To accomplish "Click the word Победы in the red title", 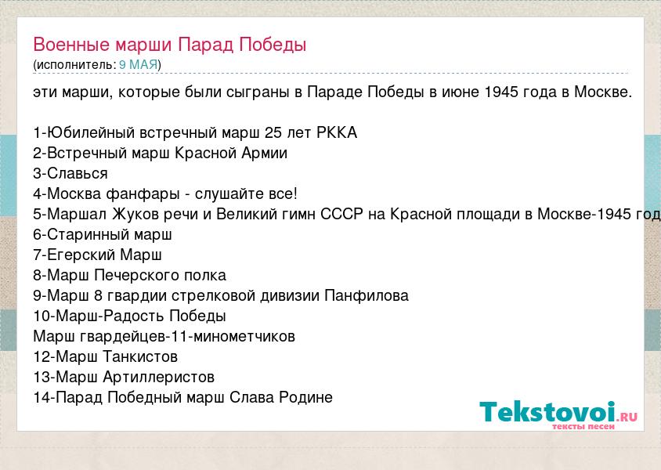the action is click(x=273, y=45).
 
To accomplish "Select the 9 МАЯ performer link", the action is click(x=139, y=64).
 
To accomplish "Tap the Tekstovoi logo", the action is click(x=558, y=414).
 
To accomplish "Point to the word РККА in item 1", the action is click(x=337, y=133).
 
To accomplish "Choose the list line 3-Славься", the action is click(x=70, y=173).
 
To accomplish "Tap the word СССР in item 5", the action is click(x=342, y=214).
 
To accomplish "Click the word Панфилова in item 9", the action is click(x=367, y=295).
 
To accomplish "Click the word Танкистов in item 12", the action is click(x=140, y=356).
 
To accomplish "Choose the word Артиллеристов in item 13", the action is click(x=158, y=377).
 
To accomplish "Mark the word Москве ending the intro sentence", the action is click(x=603, y=92).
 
